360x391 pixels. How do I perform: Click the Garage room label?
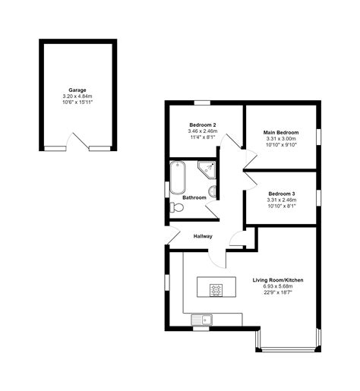point(77,90)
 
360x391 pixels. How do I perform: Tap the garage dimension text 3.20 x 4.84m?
point(77,97)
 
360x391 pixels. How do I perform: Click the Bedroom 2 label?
point(202,125)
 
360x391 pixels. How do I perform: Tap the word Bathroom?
point(194,198)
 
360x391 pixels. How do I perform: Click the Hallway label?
point(202,236)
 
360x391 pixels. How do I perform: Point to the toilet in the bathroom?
point(178,207)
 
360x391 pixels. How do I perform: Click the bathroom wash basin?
point(213,191)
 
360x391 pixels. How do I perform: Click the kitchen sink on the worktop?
point(203,319)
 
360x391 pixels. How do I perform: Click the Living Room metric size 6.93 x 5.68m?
point(278,288)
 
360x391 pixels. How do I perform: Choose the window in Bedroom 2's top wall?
point(202,102)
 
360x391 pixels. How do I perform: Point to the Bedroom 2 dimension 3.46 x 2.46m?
point(202,131)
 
